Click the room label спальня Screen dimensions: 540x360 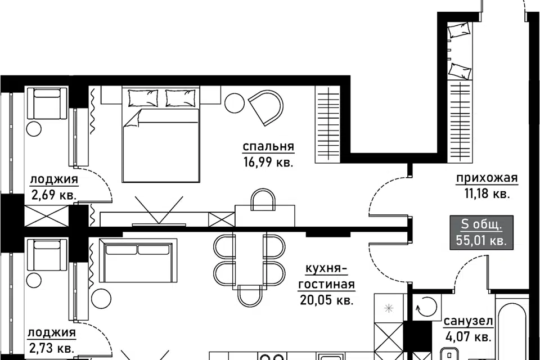[x=268, y=147]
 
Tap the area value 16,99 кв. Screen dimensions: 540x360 [x=268, y=162]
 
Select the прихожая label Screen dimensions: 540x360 [x=487, y=178]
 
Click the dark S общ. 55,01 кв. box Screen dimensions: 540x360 [x=481, y=232]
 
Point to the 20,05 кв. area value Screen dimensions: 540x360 [x=327, y=300]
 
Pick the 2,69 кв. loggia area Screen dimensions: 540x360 [x=54, y=195]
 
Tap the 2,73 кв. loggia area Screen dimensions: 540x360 [x=52, y=348]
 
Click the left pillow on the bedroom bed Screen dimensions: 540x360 [x=143, y=98]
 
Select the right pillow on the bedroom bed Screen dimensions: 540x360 [x=181, y=98]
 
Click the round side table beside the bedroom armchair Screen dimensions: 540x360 [x=234, y=103]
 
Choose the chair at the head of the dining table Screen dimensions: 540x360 [x=249, y=295]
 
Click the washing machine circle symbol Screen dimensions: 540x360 [x=426, y=306]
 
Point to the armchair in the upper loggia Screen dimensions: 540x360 [x=47, y=103]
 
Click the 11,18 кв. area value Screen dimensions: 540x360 [x=487, y=194]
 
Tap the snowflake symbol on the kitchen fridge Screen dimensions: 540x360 [x=389, y=308]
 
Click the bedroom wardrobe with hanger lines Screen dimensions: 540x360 [x=328, y=125]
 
